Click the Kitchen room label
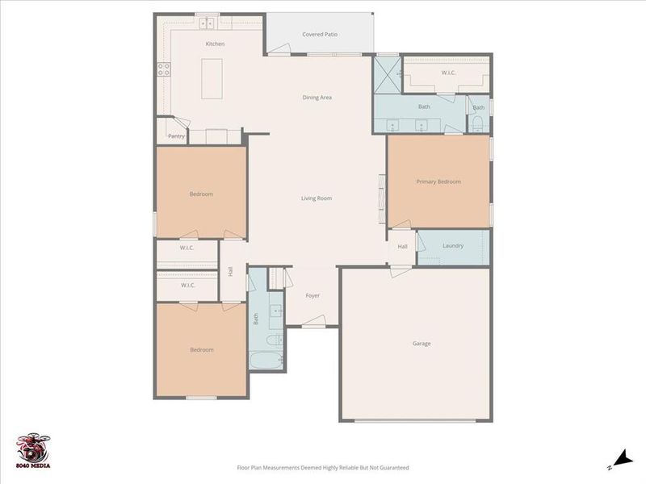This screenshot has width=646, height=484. pos(215,44)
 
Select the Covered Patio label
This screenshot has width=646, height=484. pos(320,35)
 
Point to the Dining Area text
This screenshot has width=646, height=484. pos(317,98)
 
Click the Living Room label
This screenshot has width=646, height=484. pos(317,198)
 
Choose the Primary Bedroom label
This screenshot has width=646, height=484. pos(438,182)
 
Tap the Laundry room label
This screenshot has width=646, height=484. pos(453,245)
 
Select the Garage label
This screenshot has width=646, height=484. pos(422,344)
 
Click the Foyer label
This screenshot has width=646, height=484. pos(313,296)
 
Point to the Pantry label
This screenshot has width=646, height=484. pos(176,136)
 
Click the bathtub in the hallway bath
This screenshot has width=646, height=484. pos(266,360)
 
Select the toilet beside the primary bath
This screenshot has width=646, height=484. pos(477,123)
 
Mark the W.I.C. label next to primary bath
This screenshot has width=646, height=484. pos(449,73)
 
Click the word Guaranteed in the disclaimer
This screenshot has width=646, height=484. pos(392,468)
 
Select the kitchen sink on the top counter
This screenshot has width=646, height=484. pos(208,23)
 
